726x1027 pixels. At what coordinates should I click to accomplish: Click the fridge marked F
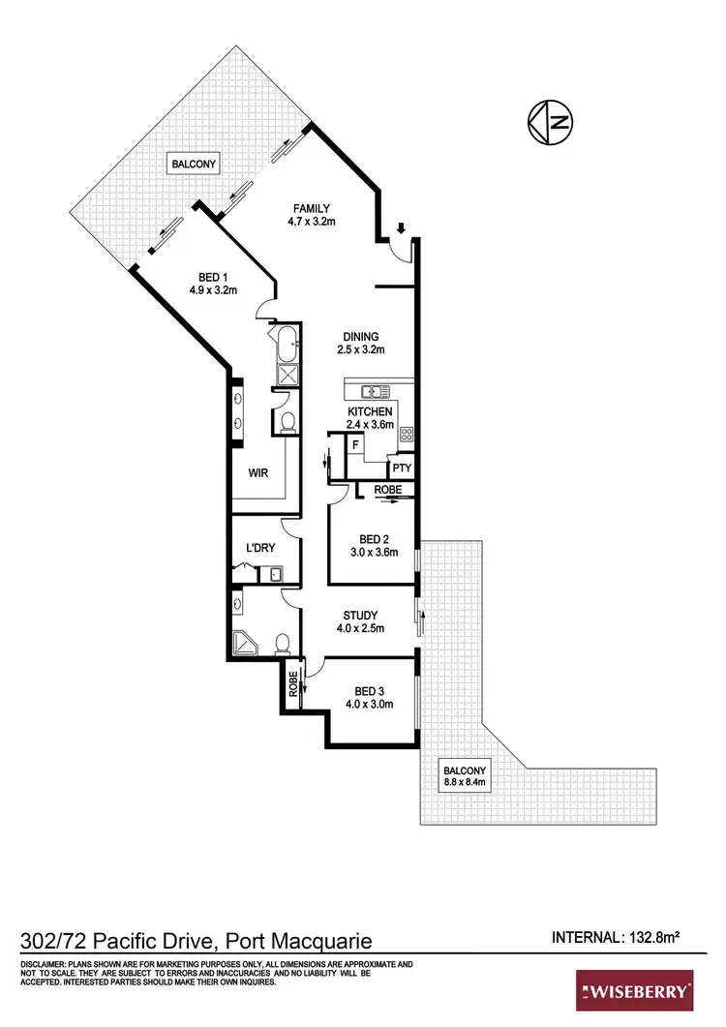coord(356,446)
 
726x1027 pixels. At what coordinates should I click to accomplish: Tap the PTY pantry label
coord(403,468)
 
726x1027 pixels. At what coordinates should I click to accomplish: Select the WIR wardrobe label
coord(257,472)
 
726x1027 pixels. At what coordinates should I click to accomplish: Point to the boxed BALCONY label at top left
coord(195,165)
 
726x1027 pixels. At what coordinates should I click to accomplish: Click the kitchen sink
coord(372,392)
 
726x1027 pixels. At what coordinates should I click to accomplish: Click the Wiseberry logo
coord(635,991)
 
